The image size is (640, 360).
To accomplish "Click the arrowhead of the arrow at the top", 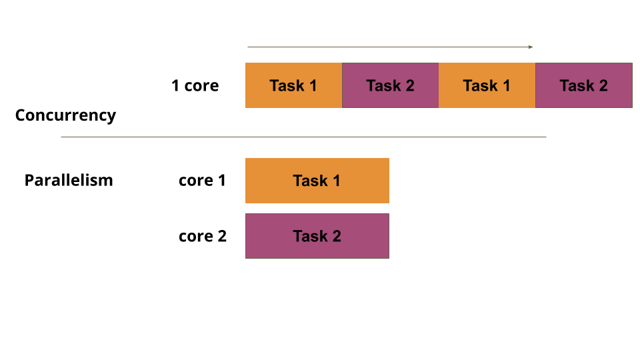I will [x=531, y=47].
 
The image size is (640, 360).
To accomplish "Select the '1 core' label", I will [x=195, y=85].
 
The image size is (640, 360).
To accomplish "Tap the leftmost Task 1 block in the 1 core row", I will [x=293, y=85].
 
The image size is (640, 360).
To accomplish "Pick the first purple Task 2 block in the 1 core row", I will [x=390, y=85].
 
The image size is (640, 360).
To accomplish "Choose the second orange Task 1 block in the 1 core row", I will [x=487, y=85].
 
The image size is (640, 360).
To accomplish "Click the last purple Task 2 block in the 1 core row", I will [x=583, y=85].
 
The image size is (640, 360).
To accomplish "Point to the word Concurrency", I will [x=65, y=115].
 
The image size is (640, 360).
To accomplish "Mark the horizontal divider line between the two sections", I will [x=303, y=137].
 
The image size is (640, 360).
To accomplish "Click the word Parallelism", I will [x=69, y=180].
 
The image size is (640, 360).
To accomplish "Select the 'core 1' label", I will [x=202, y=180].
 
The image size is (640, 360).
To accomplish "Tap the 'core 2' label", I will [x=202, y=236].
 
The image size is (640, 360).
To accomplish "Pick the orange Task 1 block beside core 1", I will [x=317, y=181].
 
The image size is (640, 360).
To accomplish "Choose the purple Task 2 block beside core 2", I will [x=317, y=236].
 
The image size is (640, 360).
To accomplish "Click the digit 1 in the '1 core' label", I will [x=175, y=85].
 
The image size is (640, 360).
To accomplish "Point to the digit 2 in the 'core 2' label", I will [x=222, y=236].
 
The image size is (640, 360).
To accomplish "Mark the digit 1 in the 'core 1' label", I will [x=221, y=180].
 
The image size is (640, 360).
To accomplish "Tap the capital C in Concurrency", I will [x=21, y=115].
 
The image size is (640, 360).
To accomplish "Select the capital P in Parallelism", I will [x=29, y=180].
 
